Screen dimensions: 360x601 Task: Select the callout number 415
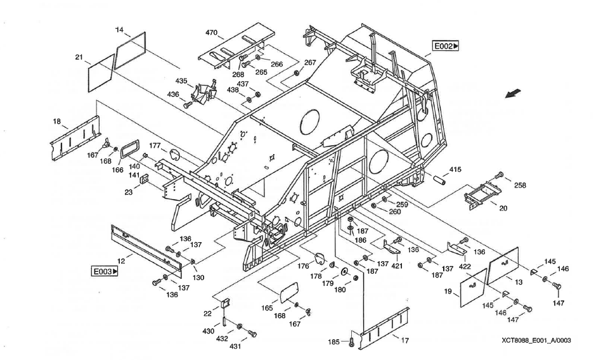pyautogui.click(x=455, y=169)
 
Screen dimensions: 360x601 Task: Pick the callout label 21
pyautogui.click(x=79, y=58)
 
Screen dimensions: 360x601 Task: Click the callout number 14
pyautogui.click(x=120, y=30)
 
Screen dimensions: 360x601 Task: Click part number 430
pyautogui.click(x=209, y=331)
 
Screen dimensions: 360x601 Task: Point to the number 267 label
pyautogui.click(x=309, y=63)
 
